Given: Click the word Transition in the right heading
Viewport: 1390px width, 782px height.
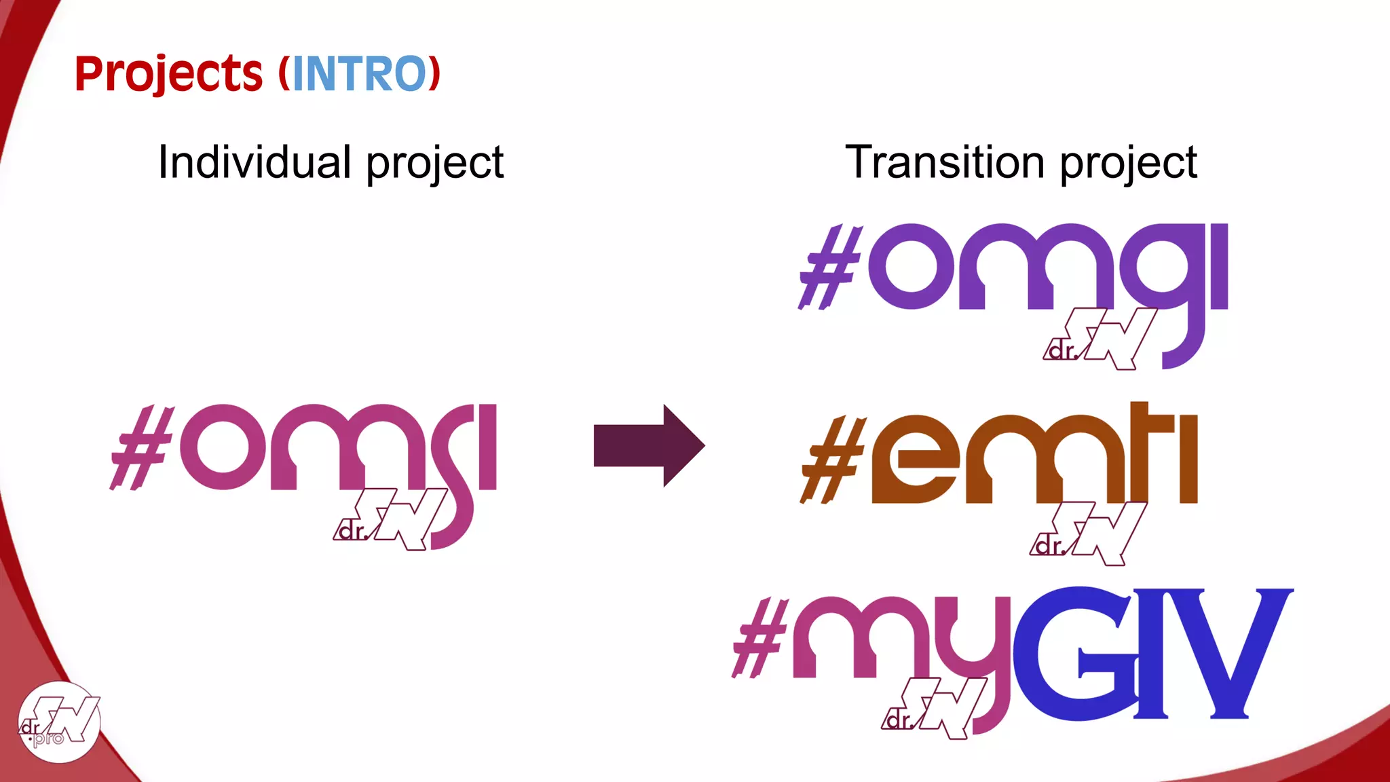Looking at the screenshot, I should pyautogui.click(x=945, y=162).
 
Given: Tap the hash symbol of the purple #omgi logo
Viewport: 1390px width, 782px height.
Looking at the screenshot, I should pyautogui.click(x=830, y=267).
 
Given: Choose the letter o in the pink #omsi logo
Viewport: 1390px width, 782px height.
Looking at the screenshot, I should pyautogui.click(x=223, y=447).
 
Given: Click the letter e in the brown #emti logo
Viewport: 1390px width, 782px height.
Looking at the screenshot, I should pyautogui.click(x=916, y=461).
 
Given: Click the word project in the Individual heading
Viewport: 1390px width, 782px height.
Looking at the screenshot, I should pyautogui.click(x=435, y=162).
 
